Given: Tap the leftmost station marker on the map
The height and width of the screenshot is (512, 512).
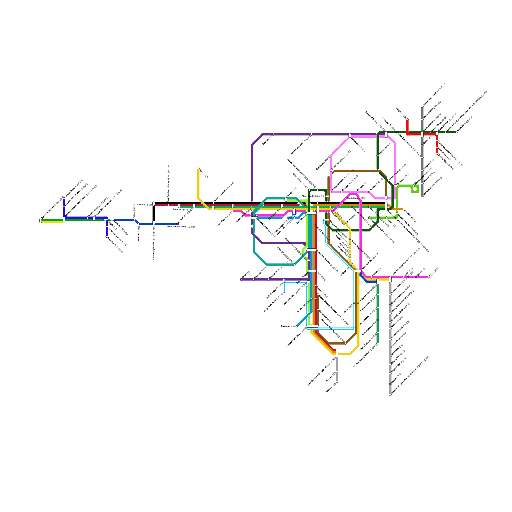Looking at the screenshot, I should (x=41, y=220).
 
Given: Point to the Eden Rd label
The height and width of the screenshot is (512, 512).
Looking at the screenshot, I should (x=139, y=233).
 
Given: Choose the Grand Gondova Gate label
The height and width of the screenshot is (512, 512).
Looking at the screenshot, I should (x=181, y=227).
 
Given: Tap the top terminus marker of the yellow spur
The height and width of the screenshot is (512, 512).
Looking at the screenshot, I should (x=198, y=168).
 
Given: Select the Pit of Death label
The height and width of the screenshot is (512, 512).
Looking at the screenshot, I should (x=314, y=196).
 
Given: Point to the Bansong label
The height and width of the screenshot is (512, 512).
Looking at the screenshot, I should (x=288, y=326).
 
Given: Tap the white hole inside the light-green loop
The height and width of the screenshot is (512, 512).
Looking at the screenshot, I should (x=415, y=189).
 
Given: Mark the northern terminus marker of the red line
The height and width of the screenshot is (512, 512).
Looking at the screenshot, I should (x=407, y=120).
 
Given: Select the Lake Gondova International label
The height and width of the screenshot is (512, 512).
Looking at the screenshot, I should (x=322, y=371).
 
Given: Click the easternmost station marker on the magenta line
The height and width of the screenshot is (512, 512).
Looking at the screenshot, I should (x=429, y=277).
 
